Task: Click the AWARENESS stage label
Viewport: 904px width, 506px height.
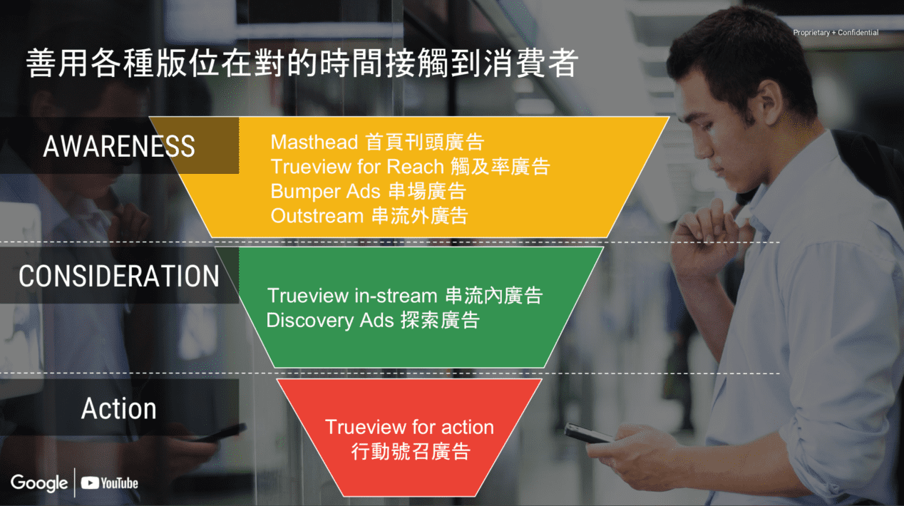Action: [118, 146]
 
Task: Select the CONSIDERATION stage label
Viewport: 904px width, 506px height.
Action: [118, 276]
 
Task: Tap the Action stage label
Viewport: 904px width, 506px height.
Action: [118, 408]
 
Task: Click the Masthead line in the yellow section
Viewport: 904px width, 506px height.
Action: [377, 142]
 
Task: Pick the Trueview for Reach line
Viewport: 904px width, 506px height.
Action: [410, 167]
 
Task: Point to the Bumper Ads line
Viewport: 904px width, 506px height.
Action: [369, 191]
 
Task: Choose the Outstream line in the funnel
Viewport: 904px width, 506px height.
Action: [369, 216]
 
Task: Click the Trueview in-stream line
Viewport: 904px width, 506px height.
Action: [405, 296]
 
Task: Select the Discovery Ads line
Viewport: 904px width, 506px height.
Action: [373, 321]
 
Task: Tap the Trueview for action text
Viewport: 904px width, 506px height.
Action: [410, 427]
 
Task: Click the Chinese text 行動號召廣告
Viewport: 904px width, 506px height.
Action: [411, 451]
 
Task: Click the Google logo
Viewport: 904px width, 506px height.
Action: [39, 483]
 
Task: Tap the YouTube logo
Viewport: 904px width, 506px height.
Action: [109, 483]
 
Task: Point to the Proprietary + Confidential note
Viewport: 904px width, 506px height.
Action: [836, 32]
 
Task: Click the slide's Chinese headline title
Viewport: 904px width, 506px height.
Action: [302, 63]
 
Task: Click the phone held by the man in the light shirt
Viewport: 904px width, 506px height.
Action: [588, 433]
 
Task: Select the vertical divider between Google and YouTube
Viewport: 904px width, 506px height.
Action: [75, 482]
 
